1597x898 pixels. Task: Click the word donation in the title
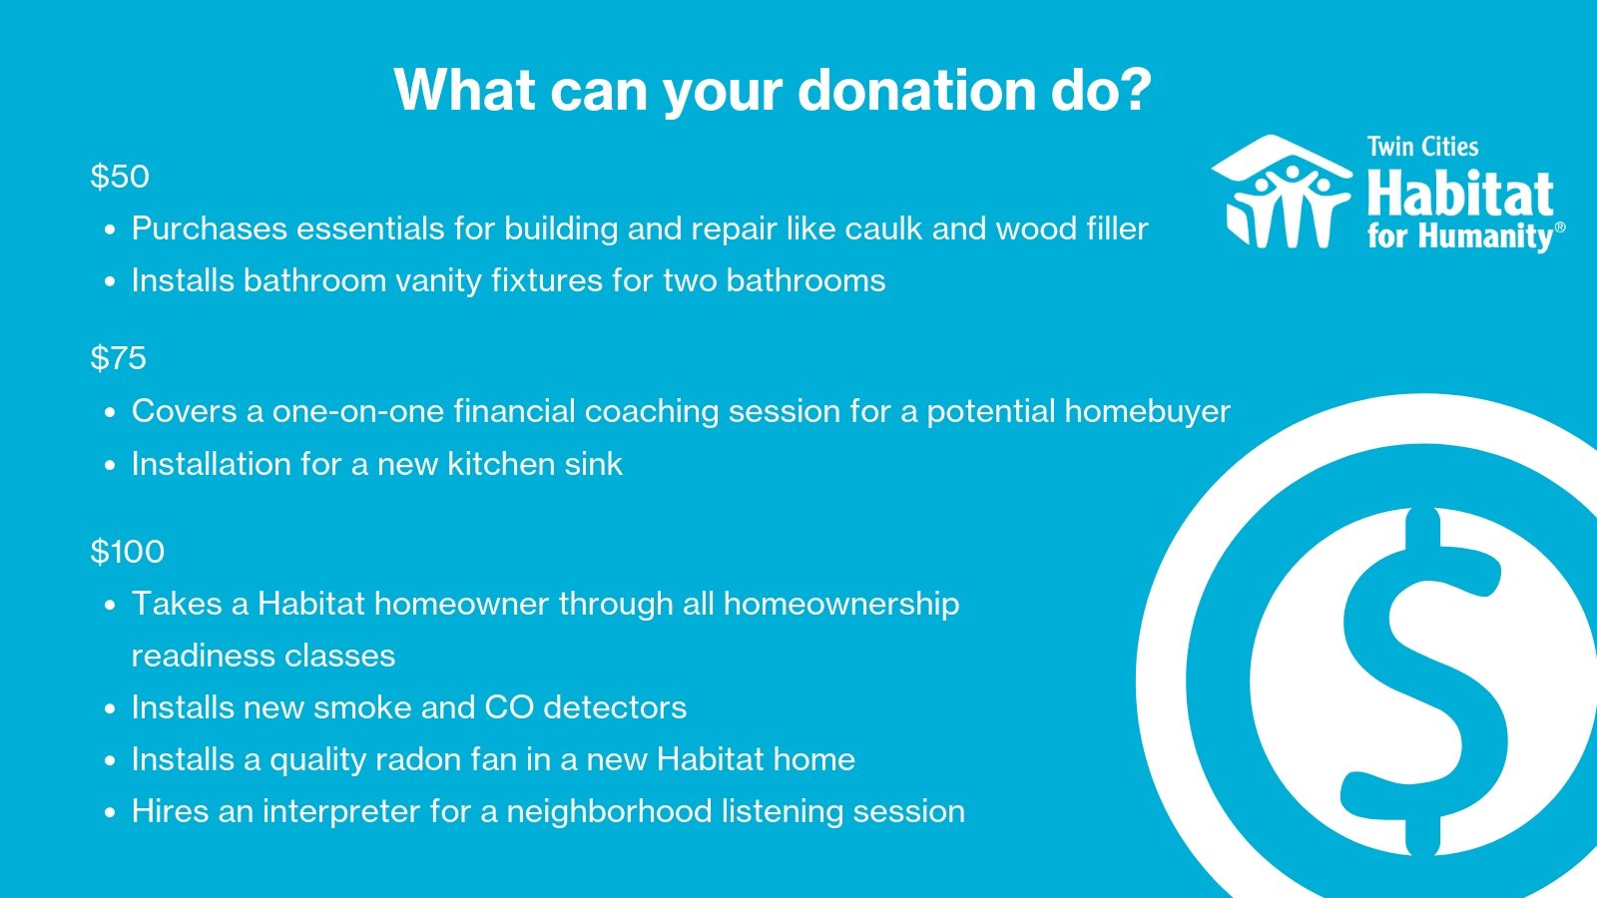(x=915, y=90)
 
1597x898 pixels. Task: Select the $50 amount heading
(x=120, y=176)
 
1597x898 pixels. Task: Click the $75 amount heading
(x=119, y=358)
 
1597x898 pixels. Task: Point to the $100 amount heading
(x=128, y=552)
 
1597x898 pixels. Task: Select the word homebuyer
(x=1149, y=411)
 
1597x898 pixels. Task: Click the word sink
(x=593, y=464)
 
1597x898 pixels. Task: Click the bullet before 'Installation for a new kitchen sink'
(x=110, y=466)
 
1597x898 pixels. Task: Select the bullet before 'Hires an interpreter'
(x=110, y=813)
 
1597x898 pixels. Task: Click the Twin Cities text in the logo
(x=1422, y=147)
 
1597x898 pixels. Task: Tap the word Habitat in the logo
(x=1460, y=194)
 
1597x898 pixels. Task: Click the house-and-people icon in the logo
(x=1282, y=191)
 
